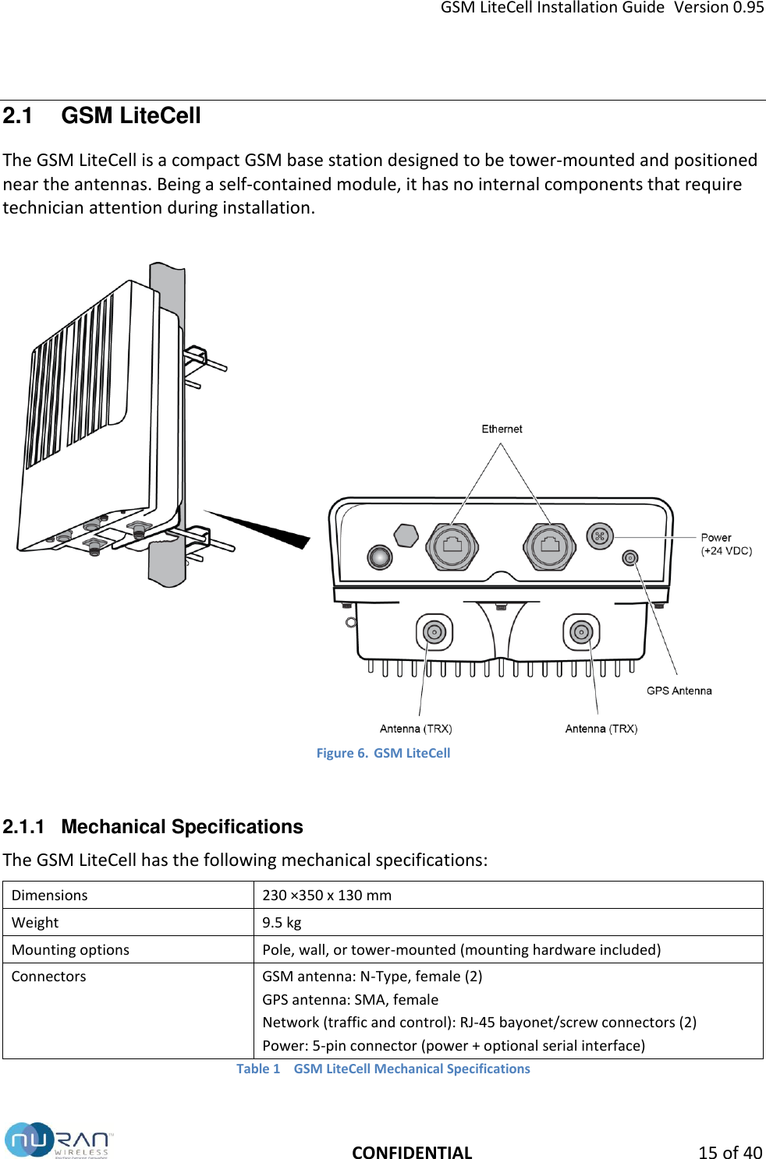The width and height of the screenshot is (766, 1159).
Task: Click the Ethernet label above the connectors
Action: pos(502,429)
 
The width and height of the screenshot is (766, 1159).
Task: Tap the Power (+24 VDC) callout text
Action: pos(725,544)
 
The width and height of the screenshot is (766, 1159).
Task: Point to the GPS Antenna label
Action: pos(679,691)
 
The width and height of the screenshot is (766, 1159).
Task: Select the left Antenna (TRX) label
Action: pos(416,729)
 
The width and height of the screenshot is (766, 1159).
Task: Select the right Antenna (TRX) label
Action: pos(601,729)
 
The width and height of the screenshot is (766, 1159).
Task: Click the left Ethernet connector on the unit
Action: pos(452,546)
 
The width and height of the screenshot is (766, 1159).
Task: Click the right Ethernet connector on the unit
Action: pos(550,546)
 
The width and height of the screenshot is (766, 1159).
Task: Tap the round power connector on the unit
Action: pos(600,536)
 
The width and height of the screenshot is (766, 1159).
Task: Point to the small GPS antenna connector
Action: pos(630,558)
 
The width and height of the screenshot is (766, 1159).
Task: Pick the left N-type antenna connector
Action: pos(434,632)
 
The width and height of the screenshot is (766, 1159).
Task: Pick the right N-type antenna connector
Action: pos(581,632)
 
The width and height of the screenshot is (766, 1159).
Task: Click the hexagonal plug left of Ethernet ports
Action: pos(406,535)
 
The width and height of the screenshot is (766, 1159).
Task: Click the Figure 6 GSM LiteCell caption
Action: pos(383,753)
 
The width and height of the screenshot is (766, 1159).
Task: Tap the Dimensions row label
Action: pos(50,895)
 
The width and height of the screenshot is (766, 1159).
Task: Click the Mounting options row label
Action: pos(70,949)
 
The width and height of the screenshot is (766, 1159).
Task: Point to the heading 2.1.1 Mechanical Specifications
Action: pos(153,826)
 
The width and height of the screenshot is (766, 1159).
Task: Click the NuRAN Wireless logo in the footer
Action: pos(59,1140)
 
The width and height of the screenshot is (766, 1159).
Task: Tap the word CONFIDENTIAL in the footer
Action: pos(412,1152)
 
